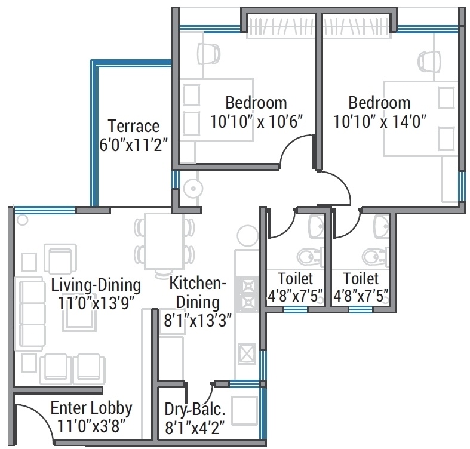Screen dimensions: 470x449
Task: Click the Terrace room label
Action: (134, 126)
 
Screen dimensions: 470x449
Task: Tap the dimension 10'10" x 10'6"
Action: (257, 122)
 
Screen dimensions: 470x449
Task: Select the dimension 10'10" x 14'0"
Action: (380, 122)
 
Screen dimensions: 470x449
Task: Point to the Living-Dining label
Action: (96, 285)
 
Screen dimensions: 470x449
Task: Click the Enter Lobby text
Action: (91, 408)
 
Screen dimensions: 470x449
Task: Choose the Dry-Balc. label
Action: (195, 410)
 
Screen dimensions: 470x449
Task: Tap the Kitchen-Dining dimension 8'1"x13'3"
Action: (198, 321)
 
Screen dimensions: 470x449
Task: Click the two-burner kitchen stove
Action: (249, 294)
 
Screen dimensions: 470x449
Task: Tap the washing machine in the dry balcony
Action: (245, 410)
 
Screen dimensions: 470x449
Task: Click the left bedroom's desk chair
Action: (208, 53)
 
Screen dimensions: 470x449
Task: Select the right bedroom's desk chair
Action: (429, 61)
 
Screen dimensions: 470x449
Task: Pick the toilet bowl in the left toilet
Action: (310, 257)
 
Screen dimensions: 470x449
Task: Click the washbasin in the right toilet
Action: (382, 227)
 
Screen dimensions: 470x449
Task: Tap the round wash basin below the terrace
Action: (193, 189)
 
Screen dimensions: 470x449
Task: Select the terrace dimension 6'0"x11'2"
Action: (133, 145)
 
